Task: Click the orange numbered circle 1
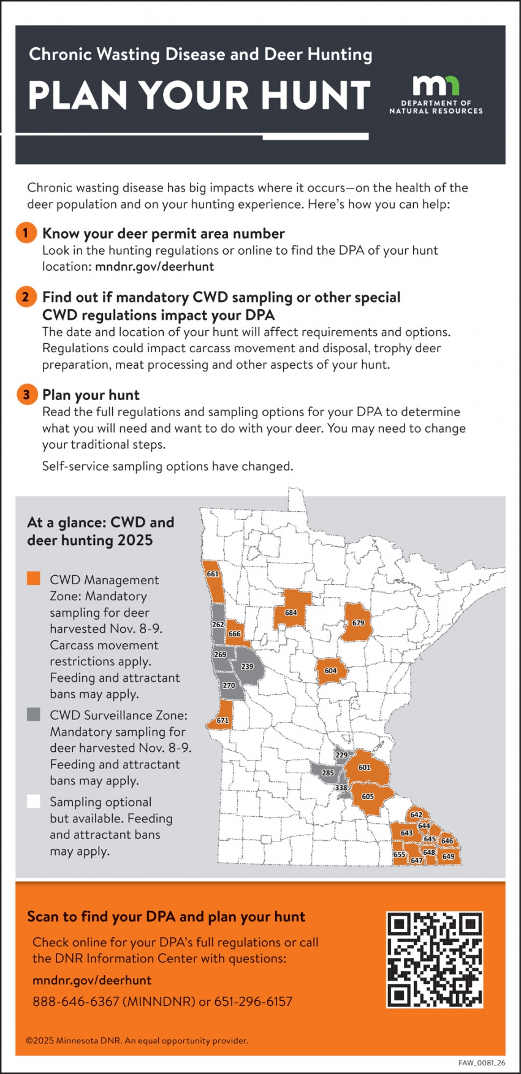click(26, 233)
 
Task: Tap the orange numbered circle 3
click(26, 395)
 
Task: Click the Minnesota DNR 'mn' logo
click(436, 87)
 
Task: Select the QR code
click(435, 960)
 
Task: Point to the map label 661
click(213, 574)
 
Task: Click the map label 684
click(291, 612)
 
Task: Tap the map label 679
click(359, 623)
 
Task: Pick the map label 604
click(330, 671)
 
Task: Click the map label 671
click(222, 721)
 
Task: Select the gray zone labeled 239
click(247, 666)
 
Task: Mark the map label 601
click(365, 767)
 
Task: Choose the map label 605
click(368, 797)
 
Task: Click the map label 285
click(328, 773)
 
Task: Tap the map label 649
click(449, 857)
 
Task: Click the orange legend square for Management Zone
click(34, 579)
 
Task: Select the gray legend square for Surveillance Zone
click(34, 714)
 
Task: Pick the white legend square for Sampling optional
click(34, 802)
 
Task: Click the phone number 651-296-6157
click(254, 1002)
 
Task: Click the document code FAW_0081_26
click(482, 1063)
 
